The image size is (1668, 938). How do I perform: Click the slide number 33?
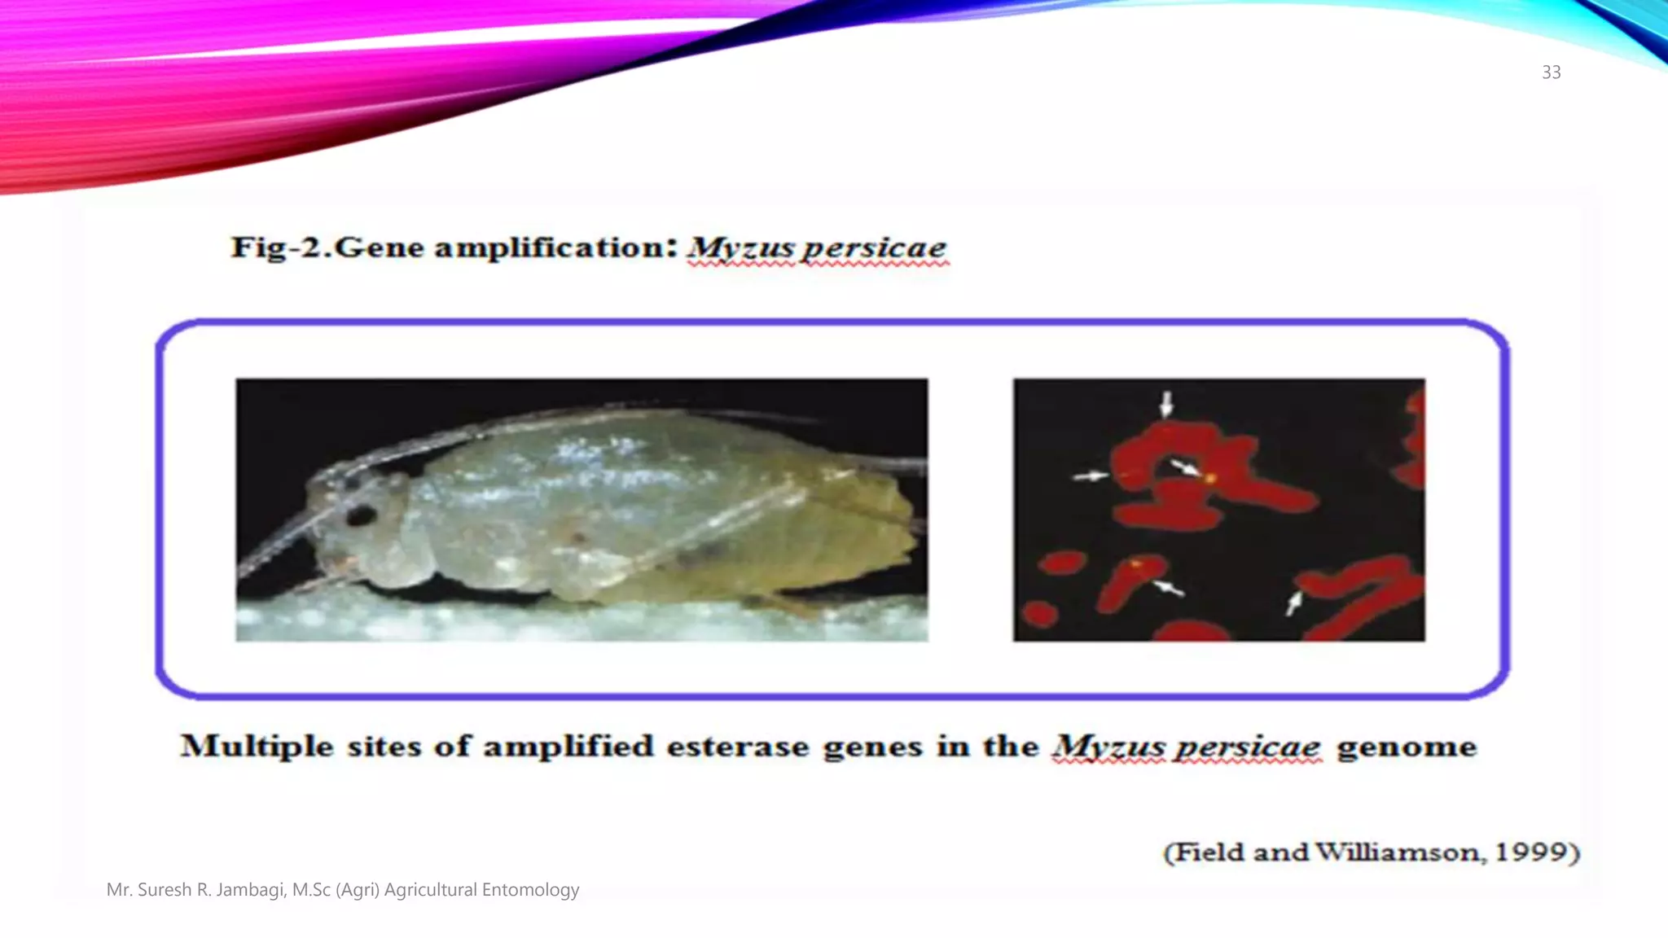1551,72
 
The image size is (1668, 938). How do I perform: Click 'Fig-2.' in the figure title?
280,247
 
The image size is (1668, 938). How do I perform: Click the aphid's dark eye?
361,515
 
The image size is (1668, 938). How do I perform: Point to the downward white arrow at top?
1166,403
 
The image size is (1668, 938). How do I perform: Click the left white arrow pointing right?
1090,476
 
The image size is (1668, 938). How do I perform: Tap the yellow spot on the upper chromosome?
1210,479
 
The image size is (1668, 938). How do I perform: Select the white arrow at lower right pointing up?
1293,603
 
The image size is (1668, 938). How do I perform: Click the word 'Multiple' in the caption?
257,747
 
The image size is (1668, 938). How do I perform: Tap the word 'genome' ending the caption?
1407,747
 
